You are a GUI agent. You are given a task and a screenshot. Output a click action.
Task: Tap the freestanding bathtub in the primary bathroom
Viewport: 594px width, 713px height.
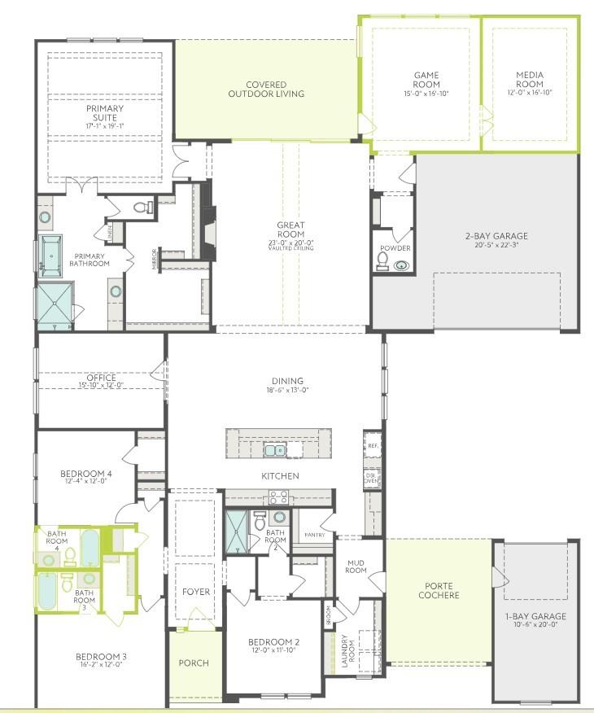[51, 256]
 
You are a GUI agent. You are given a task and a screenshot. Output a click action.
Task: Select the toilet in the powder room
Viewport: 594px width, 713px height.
[382, 260]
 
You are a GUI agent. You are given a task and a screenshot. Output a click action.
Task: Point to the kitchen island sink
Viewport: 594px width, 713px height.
[280, 448]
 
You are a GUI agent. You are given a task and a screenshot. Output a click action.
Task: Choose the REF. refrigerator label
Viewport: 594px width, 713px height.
[373, 446]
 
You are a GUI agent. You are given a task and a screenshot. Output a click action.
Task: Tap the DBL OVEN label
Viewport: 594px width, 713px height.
[371, 478]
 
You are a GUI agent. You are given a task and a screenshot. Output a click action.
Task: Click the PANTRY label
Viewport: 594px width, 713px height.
[314, 535]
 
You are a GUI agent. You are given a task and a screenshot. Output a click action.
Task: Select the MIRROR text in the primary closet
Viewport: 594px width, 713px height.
[154, 259]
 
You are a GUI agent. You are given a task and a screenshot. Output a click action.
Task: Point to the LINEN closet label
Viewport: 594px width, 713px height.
[111, 233]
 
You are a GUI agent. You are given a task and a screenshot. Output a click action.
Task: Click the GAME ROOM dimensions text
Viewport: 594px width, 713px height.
[426, 94]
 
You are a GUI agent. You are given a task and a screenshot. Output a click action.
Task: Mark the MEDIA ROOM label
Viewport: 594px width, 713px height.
[529, 80]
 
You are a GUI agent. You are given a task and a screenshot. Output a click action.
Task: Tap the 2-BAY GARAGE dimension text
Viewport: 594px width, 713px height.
[496, 245]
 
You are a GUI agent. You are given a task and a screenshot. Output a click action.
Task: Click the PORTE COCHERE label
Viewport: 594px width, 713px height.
[439, 590]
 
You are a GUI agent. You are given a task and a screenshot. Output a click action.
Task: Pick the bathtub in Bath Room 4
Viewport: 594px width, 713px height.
[90, 547]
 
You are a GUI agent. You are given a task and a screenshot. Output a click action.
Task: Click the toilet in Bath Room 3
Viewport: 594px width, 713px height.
[67, 580]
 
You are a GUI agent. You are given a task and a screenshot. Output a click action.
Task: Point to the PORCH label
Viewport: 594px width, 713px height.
[194, 663]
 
